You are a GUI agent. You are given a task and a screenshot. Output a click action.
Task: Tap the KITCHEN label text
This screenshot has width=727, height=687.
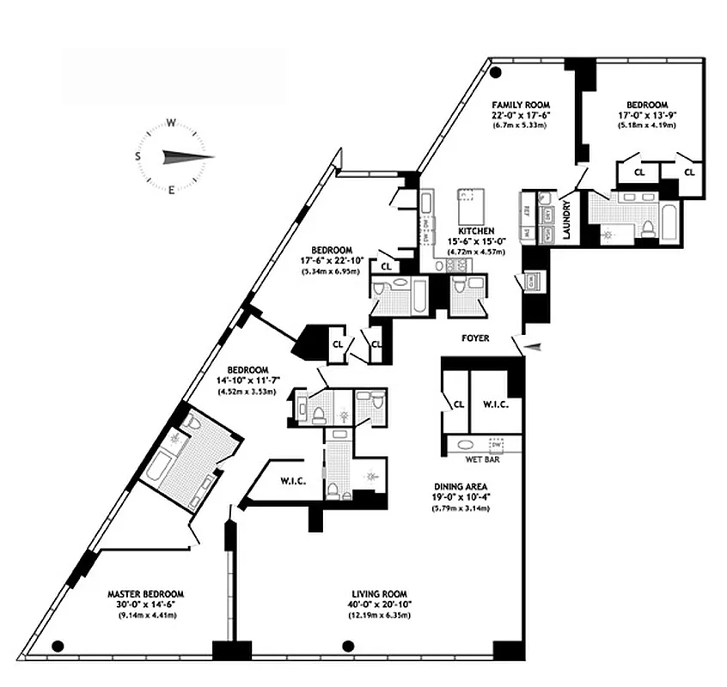coord(475,231)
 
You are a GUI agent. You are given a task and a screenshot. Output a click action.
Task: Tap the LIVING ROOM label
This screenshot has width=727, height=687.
coord(378,593)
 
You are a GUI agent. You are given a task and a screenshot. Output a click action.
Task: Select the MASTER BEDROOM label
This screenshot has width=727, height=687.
coord(145,593)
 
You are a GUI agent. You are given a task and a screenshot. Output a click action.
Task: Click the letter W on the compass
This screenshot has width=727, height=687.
coord(171,123)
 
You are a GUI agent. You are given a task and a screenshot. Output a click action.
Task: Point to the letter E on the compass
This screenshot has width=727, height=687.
coord(171,190)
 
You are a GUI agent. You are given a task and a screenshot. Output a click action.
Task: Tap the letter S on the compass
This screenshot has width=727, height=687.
coord(137,156)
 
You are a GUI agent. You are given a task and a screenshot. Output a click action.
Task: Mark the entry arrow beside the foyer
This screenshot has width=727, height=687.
coord(535,346)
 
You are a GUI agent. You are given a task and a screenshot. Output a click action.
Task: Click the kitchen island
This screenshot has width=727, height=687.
coord(470,206)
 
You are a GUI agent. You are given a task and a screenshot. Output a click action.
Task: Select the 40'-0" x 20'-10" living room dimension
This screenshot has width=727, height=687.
coord(378,605)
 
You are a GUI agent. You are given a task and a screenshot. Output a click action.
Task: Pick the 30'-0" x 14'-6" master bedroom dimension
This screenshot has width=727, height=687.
coord(145,605)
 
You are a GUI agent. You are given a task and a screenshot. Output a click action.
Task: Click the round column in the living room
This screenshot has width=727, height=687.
coord(348,646)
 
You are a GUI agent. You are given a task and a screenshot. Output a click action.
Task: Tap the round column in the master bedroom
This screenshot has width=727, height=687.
coord(58,646)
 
